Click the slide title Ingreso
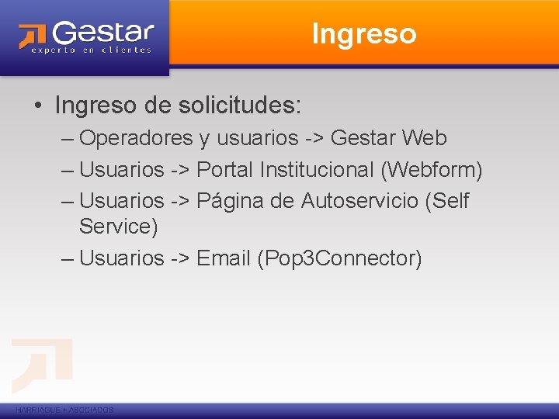pyautogui.click(x=363, y=34)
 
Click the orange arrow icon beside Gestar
pyautogui.click(x=33, y=36)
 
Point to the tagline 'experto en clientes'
pyautogui.click(x=92, y=50)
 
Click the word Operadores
pyautogui.click(x=136, y=138)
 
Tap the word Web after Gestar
pyautogui.click(x=424, y=138)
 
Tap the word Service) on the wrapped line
pyautogui.click(x=118, y=227)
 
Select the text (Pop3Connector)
pyautogui.click(x=339, y=258)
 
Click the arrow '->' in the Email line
pyautogui.click(x=179, y=258)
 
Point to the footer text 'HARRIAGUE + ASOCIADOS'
pyautogui.click(x=64, y=410)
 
